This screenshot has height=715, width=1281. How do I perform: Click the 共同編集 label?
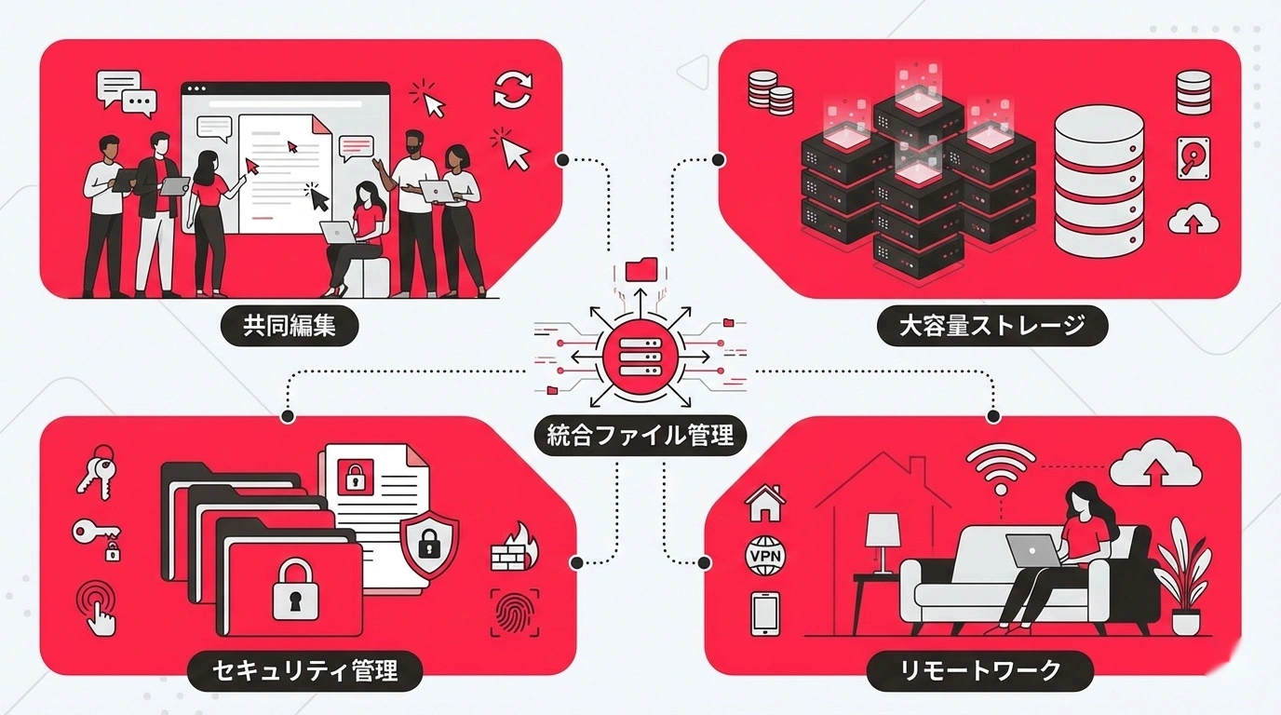[289, 326]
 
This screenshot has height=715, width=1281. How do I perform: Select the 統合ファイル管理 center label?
[640, 435]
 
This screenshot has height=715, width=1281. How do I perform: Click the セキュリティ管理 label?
[304, 670]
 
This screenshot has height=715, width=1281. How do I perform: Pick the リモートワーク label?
[980, 670]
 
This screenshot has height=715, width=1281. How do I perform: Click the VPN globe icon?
[766, 557]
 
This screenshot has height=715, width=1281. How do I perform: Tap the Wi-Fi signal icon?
[1001, 468]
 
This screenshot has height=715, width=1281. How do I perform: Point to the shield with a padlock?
[429, 542]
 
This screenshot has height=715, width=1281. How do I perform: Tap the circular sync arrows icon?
[512, 89]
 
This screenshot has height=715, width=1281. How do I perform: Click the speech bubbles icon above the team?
[126, 92]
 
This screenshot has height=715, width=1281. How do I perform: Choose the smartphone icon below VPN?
[764, 614]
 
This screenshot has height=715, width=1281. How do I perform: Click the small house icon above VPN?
[765, 503]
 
